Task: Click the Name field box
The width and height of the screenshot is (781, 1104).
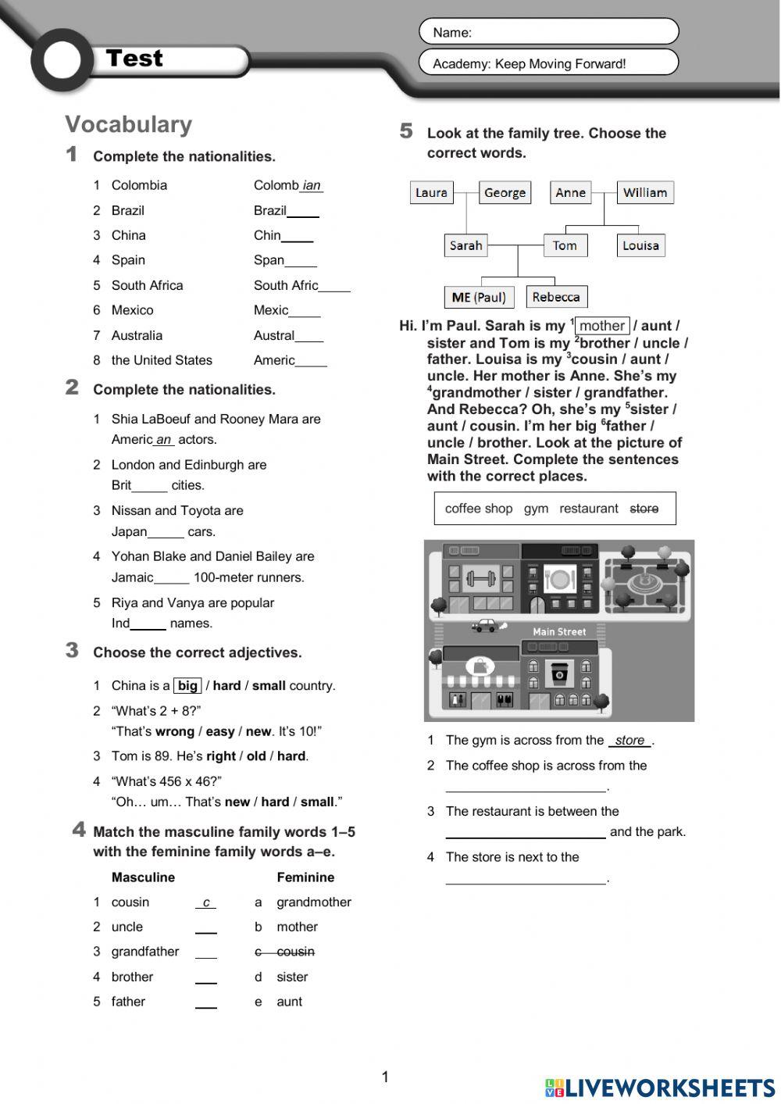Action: tap(548, 32)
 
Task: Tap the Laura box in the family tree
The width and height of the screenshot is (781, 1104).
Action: tap(431, 193)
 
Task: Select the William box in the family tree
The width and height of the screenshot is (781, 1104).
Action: tap(645, 193)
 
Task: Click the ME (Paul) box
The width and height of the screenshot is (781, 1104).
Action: tap(478, 298)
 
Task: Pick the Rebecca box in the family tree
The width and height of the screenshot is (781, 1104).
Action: tap(556, 298)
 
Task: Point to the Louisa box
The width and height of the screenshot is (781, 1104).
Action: tap(640, 246)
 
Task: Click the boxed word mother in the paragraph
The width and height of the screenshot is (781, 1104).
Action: tap(602, 326)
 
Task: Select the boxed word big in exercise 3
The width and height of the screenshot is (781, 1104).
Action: tap(187, 686)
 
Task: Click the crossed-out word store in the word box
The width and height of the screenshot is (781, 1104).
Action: tap(644, 509)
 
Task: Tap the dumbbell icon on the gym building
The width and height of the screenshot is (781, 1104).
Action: tap(481, 579)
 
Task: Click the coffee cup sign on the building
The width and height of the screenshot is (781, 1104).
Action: tap(558, 673)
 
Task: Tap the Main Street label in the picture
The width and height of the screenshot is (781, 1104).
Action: tap(559, 631)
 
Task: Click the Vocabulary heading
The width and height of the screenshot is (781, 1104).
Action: tap(128, 124)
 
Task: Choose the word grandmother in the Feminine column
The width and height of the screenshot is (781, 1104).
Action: tap(314, 902)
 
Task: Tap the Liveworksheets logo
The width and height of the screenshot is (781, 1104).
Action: tap(660, 1088)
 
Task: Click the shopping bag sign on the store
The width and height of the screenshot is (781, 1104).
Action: tap(478, 666)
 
